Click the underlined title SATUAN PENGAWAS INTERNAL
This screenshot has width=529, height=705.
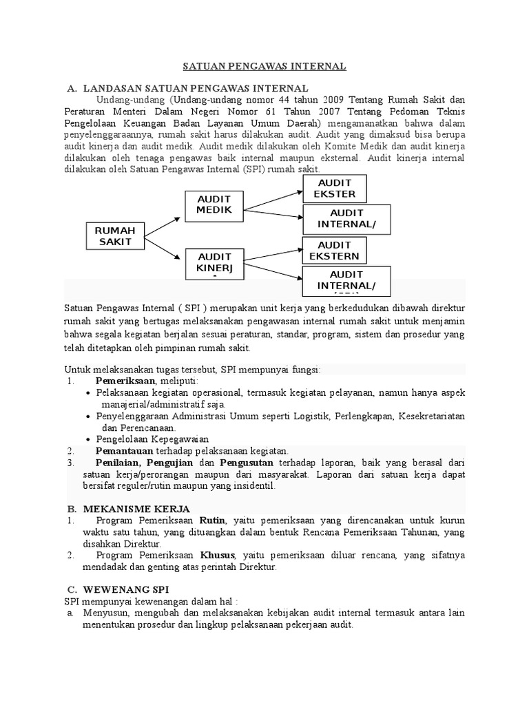(x=264, y=66)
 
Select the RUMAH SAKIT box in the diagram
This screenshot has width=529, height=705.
(x=114, y=235)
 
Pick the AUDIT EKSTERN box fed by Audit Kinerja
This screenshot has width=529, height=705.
(x=334, y=251)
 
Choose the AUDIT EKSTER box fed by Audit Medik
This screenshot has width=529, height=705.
(x=334, y=189)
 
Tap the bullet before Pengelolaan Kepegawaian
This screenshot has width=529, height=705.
(x=89, y=439)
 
